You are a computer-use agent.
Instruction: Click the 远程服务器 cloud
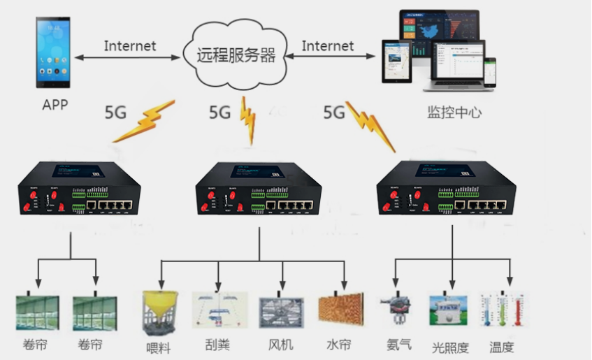[234, 54]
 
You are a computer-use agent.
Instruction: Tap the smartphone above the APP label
[54, 53]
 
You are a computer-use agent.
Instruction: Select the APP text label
[55, 106]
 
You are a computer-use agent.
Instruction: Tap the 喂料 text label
[159, 347]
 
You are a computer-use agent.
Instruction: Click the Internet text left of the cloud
[130, 46]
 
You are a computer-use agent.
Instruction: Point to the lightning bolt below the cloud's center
[247, 120]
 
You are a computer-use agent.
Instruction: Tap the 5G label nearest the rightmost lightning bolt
[335, 111]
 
